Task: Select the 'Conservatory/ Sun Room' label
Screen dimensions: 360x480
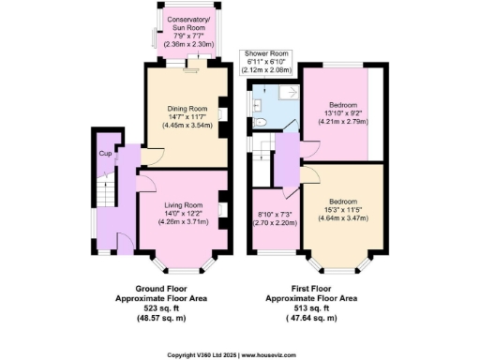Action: pyautogui.click(x=187, y=22)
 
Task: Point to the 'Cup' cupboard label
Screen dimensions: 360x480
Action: pyautogui.click(x=105, y=153)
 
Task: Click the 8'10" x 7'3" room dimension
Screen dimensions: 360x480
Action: pyautogui.click(x=276, y=215)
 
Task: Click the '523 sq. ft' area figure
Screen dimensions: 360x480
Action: pyautogui.click(x=171, y=308)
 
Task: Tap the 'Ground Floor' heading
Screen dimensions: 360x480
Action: pyautogui.click(x=171, y=288)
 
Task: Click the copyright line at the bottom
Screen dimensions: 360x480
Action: pyautogui.click(x=240, y=354)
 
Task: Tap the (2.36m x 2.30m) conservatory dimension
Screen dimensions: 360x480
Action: pyautogui.click(x=187, y=43)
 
